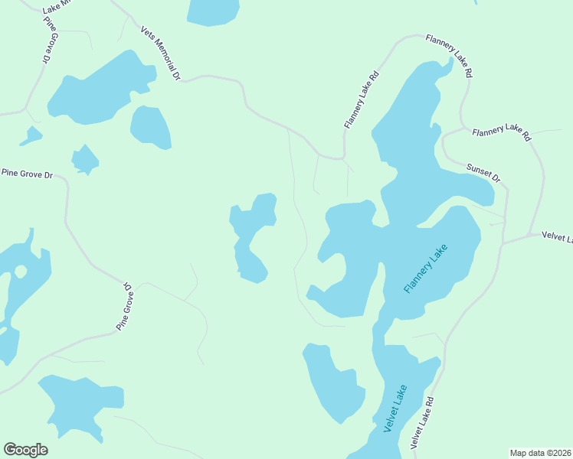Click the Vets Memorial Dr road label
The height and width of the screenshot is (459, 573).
[x=160, y=54]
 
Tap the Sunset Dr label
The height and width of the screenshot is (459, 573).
[x=483, y=172]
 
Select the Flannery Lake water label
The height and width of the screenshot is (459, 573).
[x=424, y=268]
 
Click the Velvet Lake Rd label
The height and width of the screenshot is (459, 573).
[x=422, y=422]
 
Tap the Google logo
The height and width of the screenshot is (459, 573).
[x=25, y=450]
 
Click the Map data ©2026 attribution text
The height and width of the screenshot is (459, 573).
[x=540, y=452]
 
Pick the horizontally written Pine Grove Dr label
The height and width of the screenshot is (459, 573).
[x=27, y=174]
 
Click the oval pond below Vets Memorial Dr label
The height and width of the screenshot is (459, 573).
[x=150, y=126]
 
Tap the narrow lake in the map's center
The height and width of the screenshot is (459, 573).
[x=252, y=237]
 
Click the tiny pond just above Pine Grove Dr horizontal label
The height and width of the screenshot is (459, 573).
[x=84, y=159]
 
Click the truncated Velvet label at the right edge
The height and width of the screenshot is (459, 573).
[x=557, y=237]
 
